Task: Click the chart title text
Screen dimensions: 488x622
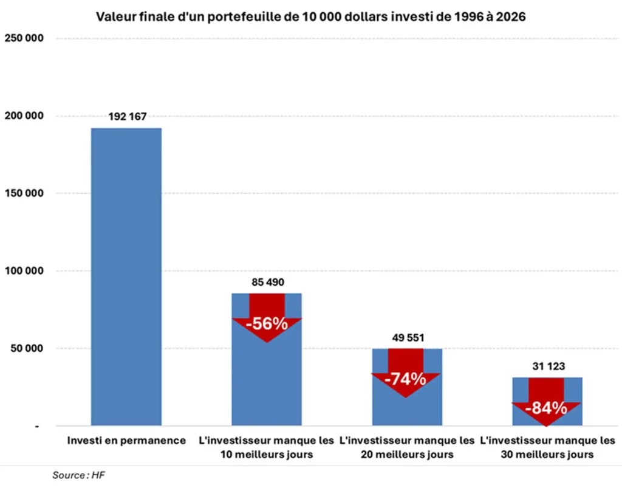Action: pos(311,16)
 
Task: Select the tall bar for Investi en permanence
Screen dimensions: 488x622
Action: pos(126,277)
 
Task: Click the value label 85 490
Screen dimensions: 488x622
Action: pos(267,283)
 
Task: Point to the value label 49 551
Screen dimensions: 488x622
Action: pos(406,338)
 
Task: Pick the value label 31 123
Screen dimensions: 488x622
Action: pos(547,366)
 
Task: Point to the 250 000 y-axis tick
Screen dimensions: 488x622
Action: pos(24,38)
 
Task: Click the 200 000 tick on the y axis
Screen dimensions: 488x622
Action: pos(24,115)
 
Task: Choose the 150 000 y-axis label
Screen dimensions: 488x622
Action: pos(24,193)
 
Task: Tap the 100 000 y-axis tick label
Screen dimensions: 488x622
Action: pos(24,270)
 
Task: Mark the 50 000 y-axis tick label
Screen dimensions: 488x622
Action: pos(26,348)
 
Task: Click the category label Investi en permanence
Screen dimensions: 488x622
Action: pos(126,441)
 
